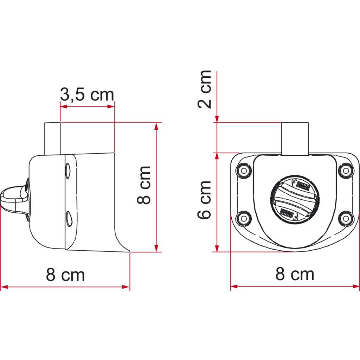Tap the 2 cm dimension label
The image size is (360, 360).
pyautogui.click(x=205, y=89)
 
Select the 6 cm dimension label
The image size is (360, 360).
pyautogui.click(x=205, y=200)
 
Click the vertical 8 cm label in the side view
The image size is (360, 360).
pyautogui.click(x=144, y=185)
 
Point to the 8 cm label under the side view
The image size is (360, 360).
pyautogui.click(x=65, y=275)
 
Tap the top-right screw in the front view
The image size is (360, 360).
pyautogui.click(x=346, y=171)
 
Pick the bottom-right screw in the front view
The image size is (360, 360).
pyautogui.click(x=346, y=218)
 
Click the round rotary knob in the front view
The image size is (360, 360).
pyautogui.click(x=295, y=199)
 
